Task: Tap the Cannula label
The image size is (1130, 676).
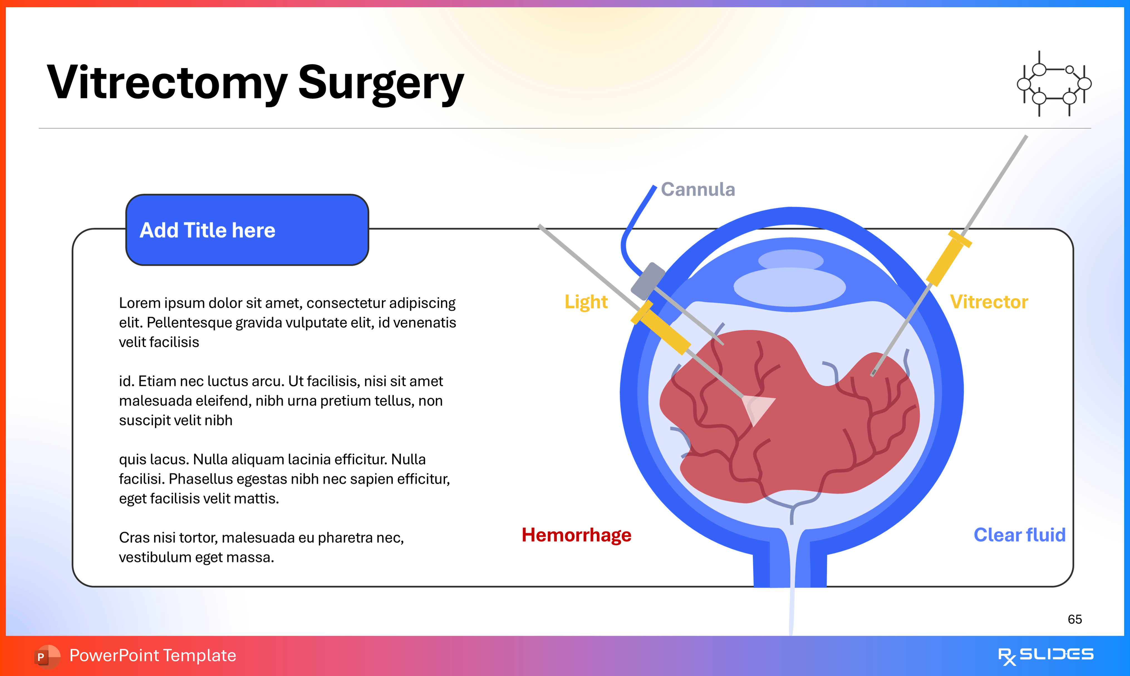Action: coord(697,189)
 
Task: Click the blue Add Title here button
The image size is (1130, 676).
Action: coord(247,230)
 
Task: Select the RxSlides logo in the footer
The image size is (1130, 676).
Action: coord(1045,655)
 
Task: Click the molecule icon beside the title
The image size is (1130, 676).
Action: coord(1054,84)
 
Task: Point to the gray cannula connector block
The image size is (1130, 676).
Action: coord(647,281)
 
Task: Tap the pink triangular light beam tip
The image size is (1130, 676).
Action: coord(756,408)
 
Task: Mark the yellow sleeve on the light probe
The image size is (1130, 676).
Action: coord(662,328)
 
